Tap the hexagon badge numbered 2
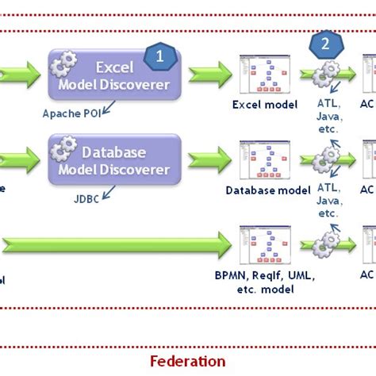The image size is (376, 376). click(324, 43)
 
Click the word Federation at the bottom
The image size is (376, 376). click(187, 361)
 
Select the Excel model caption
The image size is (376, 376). click(264, 104)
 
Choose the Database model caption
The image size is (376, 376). click(268, 190)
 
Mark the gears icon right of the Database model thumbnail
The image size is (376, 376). click(326, 162)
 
